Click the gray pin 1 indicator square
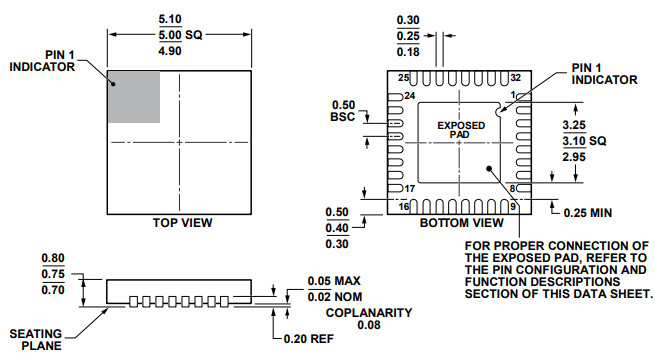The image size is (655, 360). coord(134,98)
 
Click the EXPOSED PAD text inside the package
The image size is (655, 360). coord(461,129)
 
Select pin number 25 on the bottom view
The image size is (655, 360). coord(404,78)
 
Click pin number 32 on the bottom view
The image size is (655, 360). coord(515,78)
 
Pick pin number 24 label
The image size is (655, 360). coord(408,96)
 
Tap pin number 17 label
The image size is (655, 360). coord(408,189)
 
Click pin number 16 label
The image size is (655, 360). coord(404,207)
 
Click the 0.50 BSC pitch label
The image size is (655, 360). coord(343,111)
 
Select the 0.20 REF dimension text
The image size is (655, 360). coord(305,338)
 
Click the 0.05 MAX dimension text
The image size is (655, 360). coord(333,281)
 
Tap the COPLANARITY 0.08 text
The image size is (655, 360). coord(369,318)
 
